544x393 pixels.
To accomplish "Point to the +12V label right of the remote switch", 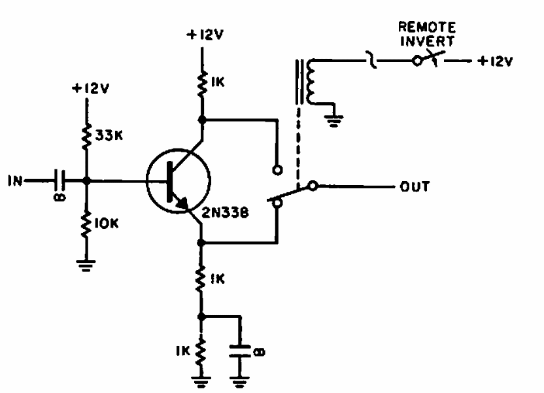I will pyautogui.click(x=496, y=62).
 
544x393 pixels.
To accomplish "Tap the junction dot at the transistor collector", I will pyautogui.click(x=202, y=120).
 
